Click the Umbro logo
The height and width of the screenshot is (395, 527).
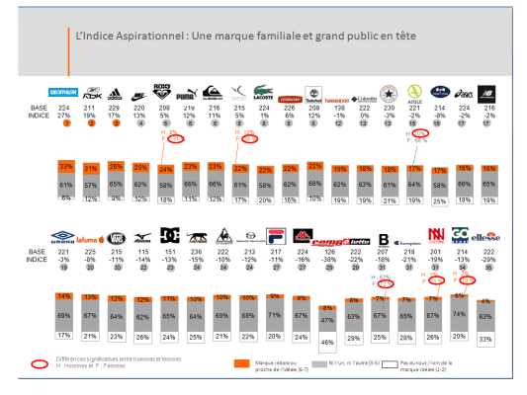(65, 238)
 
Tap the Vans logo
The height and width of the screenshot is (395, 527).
(116, 238)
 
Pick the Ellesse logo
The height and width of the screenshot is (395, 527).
(488, 238)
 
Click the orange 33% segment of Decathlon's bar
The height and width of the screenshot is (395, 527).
(65, 165)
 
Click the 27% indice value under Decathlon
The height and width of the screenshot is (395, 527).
(65, 116)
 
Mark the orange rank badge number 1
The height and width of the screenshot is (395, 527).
(65, 124)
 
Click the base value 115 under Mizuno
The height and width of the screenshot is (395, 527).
(141, 251)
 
